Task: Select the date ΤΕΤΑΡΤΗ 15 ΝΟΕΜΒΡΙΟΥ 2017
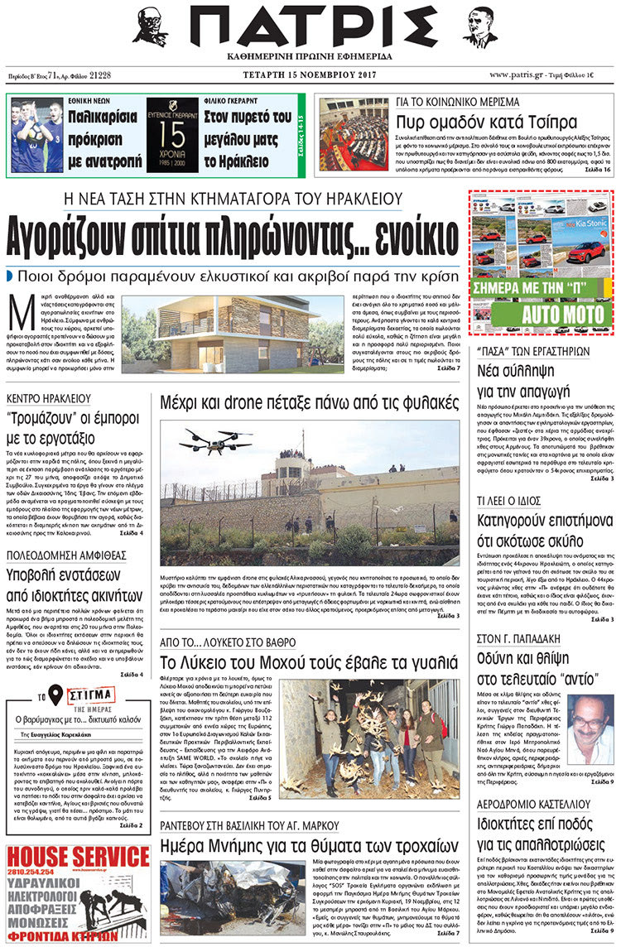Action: (310, 75)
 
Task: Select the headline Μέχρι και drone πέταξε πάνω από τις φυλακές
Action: (310, 403)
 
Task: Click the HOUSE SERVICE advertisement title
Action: (76, 858)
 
